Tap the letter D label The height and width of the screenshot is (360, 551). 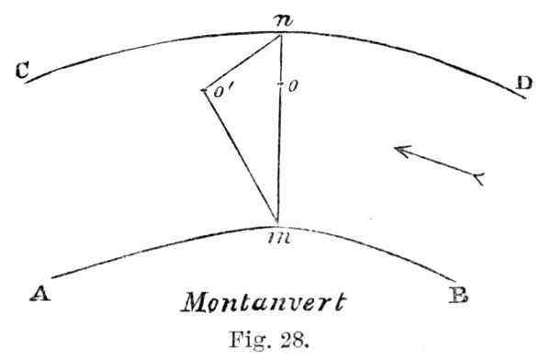pyautogui.click(x=524, y=84)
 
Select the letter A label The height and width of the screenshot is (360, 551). pyautogui.click(x=40, y=293)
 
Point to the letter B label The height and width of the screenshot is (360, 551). pyautogui.click(x=458, y=296)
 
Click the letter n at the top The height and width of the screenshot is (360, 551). pyautogui.click(x=283, y=21)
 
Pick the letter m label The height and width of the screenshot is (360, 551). pyautogui.click(x=279, y=239)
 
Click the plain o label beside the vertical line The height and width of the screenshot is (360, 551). pyautogui.click(x=293, y=86)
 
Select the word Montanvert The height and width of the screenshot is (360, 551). pyautogui.click(x=264, y=301)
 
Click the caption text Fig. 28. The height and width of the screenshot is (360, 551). pyautogui.click(x=269, y=340)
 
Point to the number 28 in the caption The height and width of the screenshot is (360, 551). pyautogui.click(x=295, y=340)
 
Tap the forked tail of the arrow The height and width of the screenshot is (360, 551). pyautogui.click(x=478, y=178)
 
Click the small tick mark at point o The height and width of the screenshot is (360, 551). pyautogui.click(x=280, y=84)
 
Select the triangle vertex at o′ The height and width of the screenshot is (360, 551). pyautogui.click(x=204, y=90)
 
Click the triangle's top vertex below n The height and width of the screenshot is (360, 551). pyautogui.click(x=281, y=35)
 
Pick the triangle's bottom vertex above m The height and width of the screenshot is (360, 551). pyautogui.click(x=277, y=222)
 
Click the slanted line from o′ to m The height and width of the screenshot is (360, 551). pyautogui.click(x=241, y=156)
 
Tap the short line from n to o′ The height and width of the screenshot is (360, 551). pyautogui.click(x=242, y=62)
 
